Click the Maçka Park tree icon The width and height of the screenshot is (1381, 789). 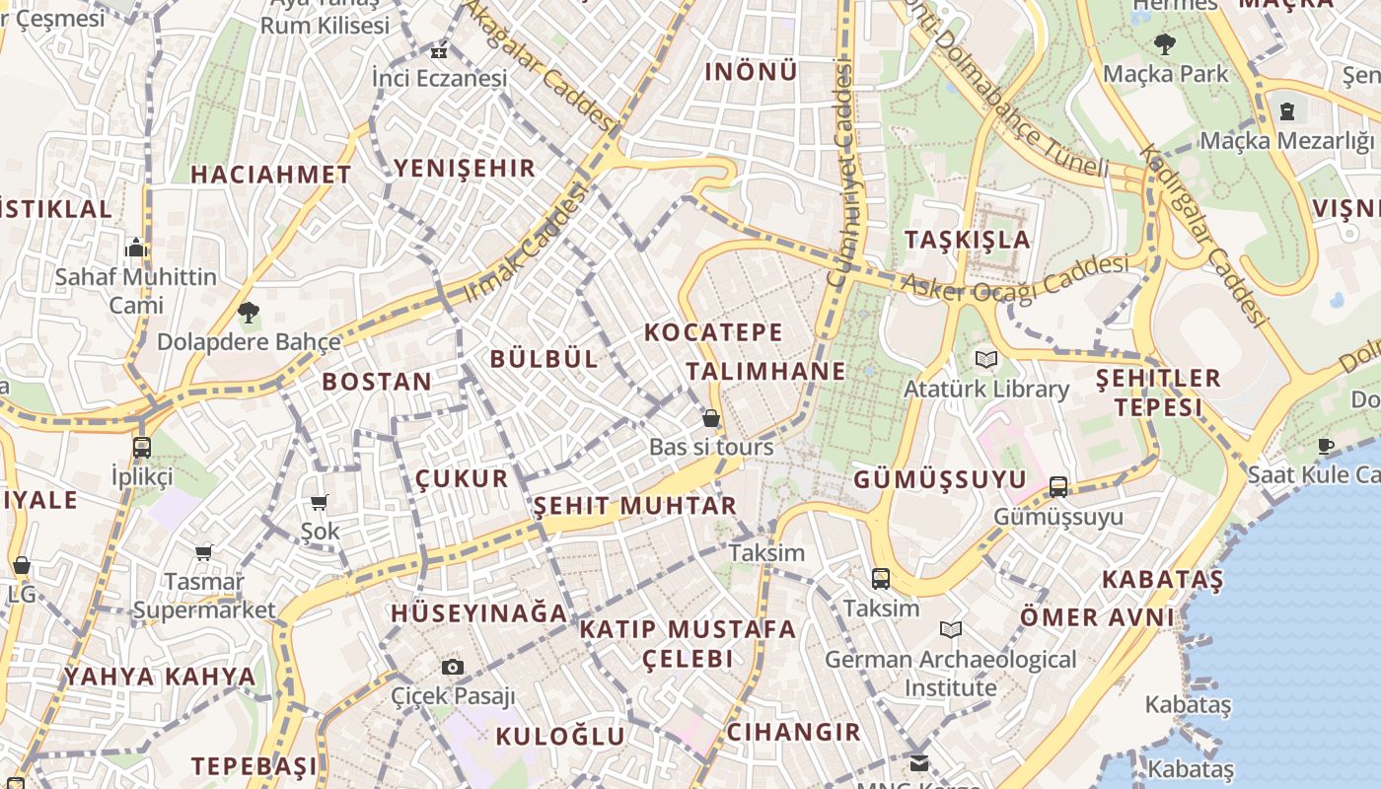[1165, 43]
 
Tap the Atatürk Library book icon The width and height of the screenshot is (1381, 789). [985, 359]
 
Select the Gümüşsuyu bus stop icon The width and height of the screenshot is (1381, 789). [1058, 486]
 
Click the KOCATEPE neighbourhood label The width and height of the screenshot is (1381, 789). [713, 332]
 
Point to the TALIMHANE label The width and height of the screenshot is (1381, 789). [765, 371]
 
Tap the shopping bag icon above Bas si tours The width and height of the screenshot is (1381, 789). [710, 418]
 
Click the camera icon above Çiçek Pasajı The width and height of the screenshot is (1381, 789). [453, 667]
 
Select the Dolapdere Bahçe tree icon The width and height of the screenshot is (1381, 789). [249, 314]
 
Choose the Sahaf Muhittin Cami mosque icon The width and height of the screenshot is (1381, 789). [136, 247]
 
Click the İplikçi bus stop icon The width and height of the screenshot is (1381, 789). [142, 447]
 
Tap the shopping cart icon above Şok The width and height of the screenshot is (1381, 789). [319, 502]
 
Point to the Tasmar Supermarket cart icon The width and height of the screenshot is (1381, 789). [204, 552]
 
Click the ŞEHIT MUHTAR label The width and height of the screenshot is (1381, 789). [634, 506]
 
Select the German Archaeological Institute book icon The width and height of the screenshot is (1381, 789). [951, 629]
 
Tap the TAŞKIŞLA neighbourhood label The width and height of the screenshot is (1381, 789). [967, 240]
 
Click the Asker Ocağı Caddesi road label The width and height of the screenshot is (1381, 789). [1016, 278]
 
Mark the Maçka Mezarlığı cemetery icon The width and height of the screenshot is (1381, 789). [1287, 110]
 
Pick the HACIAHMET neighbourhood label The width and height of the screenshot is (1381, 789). [270, 175]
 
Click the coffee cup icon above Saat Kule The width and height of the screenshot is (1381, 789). [1325, 446]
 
